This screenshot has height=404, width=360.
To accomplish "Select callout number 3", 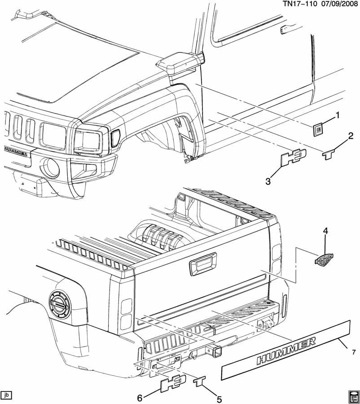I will click(268, 181).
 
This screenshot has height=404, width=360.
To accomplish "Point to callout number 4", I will click(326, 231).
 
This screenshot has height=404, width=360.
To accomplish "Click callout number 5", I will click(220, 398).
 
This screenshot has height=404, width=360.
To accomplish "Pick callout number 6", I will click(140, 398).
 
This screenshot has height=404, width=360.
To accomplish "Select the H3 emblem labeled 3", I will click(293, 157).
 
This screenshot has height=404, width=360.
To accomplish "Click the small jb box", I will click(6, 395).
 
